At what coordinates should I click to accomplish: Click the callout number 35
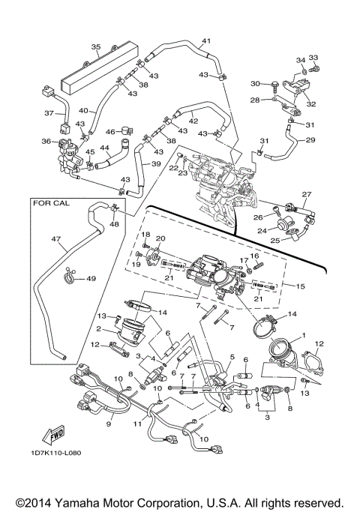96,47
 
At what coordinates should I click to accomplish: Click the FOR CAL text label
51,202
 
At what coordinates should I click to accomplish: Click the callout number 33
313,58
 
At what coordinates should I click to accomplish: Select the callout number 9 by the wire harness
109,424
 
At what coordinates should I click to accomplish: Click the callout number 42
193,121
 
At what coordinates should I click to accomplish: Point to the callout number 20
160,238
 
